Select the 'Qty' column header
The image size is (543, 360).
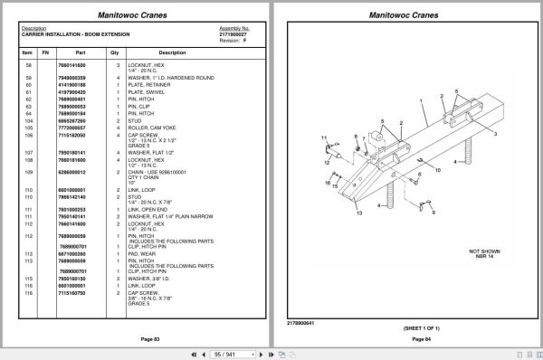[x=115, y=52]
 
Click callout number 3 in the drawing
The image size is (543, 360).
[x=496, y=132]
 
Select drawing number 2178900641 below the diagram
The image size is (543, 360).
[x=300, y=321]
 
